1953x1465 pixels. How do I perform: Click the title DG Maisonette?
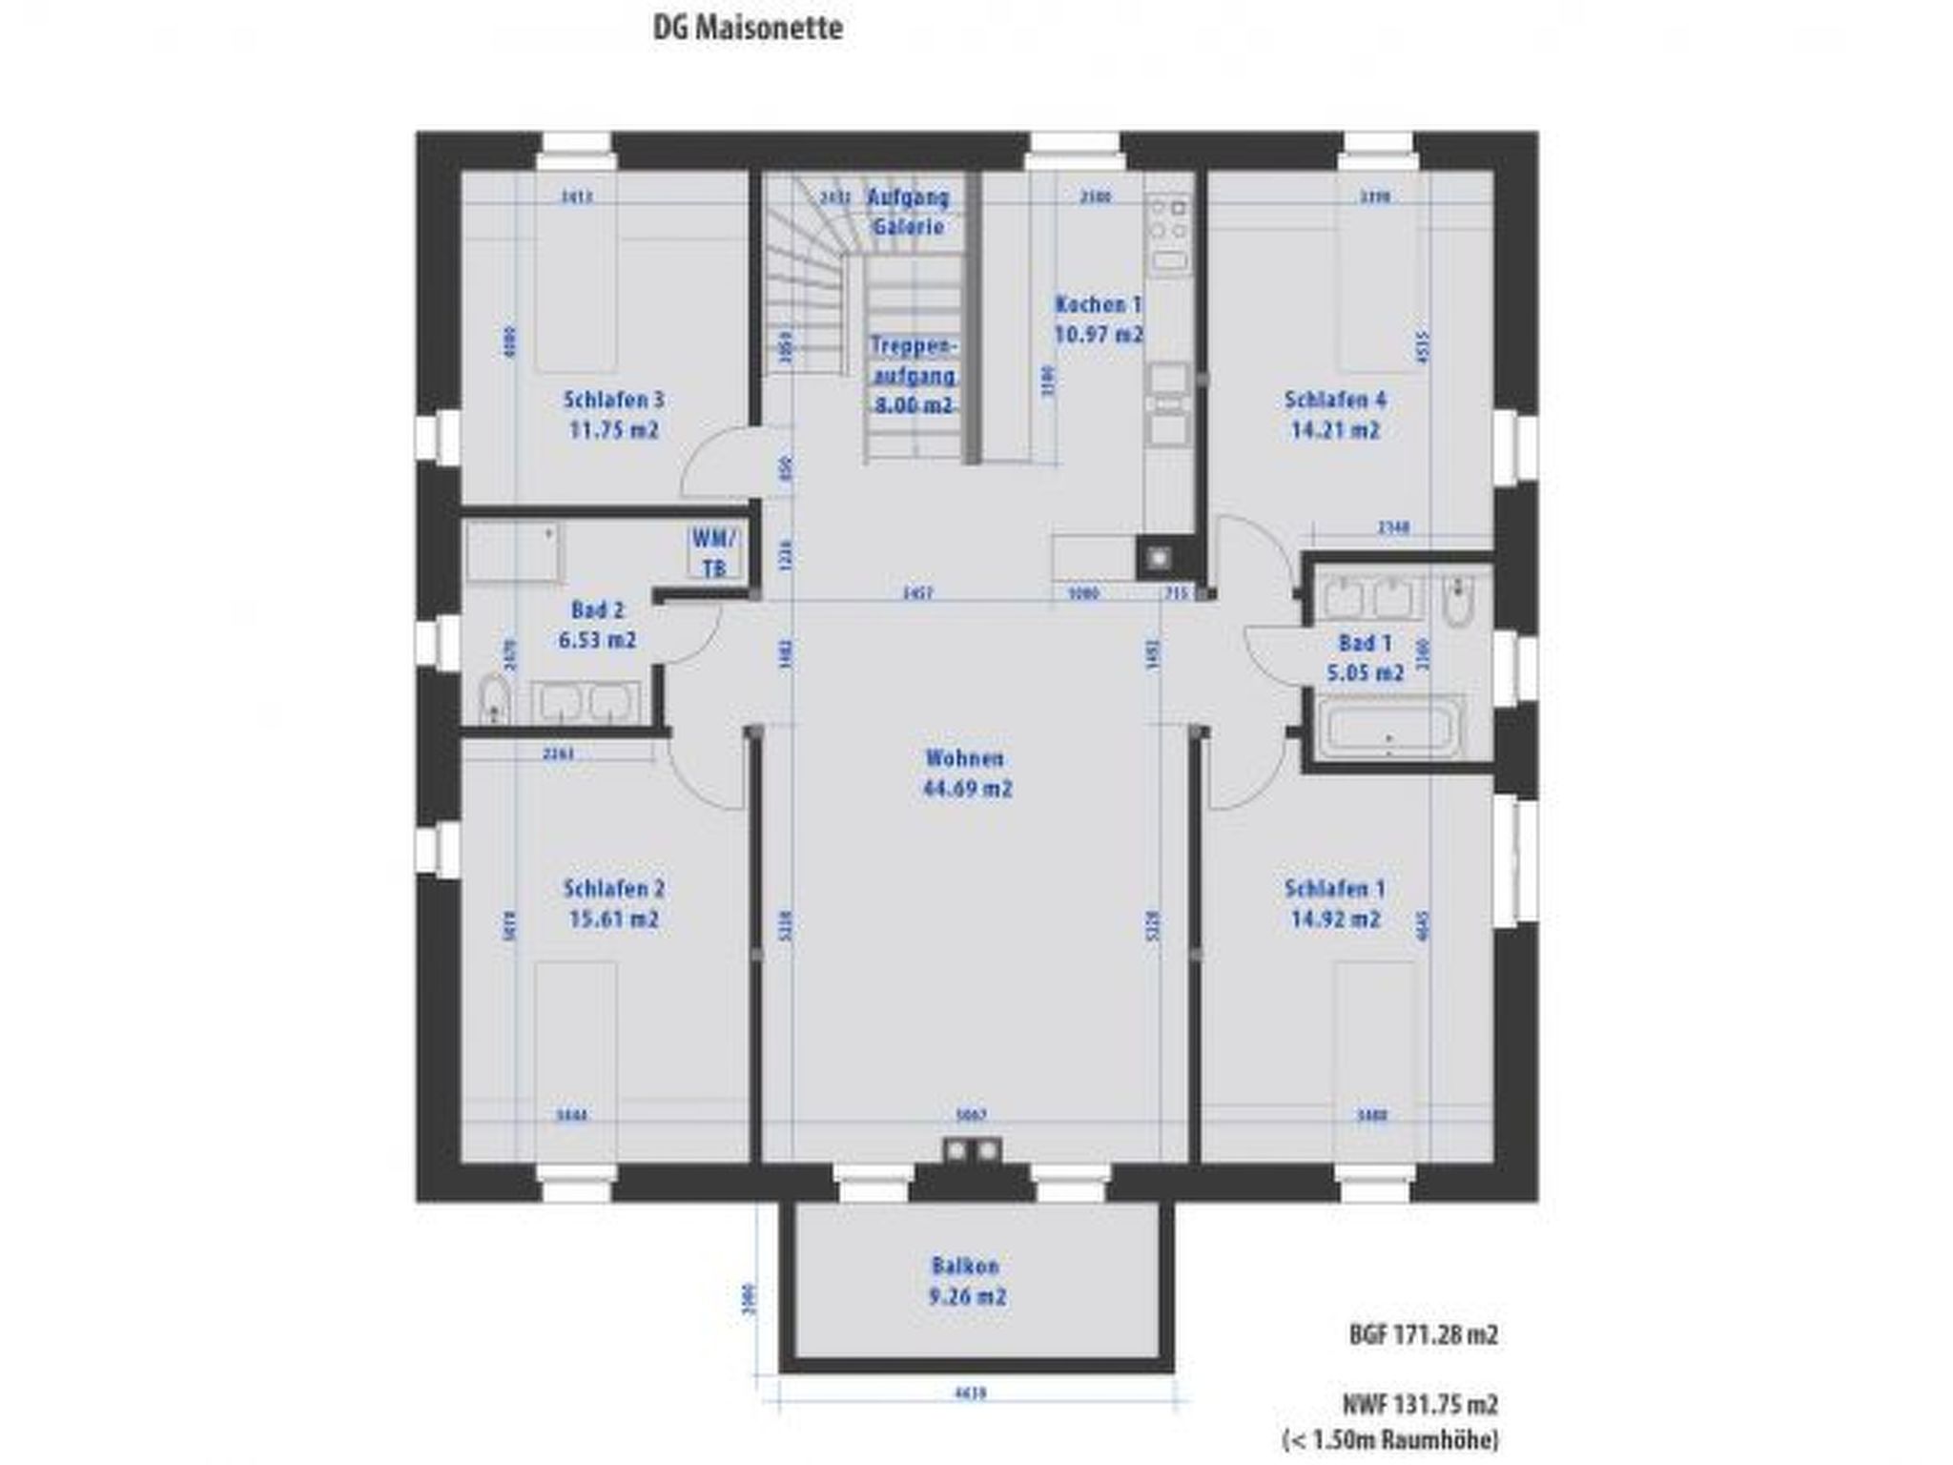coord(748,28)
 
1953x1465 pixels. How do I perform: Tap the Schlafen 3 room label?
coord(613,400)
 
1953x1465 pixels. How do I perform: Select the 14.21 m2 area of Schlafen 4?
coord(1335,430)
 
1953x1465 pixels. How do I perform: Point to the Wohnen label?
coord(965,758)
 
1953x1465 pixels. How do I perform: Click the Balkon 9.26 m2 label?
coord(966,1281)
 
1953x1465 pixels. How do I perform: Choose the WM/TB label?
coord(714,553)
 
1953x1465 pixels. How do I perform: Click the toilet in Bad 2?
coord(492,699)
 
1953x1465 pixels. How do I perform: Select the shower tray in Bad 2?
coord(512,550)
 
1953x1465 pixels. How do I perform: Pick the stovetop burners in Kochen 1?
coord(1168,218)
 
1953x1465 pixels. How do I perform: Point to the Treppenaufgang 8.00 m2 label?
coord(914,375)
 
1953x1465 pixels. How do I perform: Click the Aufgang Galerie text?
coord(908,212)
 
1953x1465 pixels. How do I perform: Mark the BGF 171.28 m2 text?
coord(1423,1334)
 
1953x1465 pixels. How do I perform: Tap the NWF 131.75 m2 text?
coord(1420,1404)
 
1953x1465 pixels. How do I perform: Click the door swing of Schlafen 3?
coord(717,465)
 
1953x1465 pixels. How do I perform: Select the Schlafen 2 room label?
coord(613,889)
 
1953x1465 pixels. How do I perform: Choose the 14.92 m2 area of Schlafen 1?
coord(1335,919)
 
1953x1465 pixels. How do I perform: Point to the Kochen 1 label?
coord(1098,304)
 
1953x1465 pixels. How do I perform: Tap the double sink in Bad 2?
coord(585,703)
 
